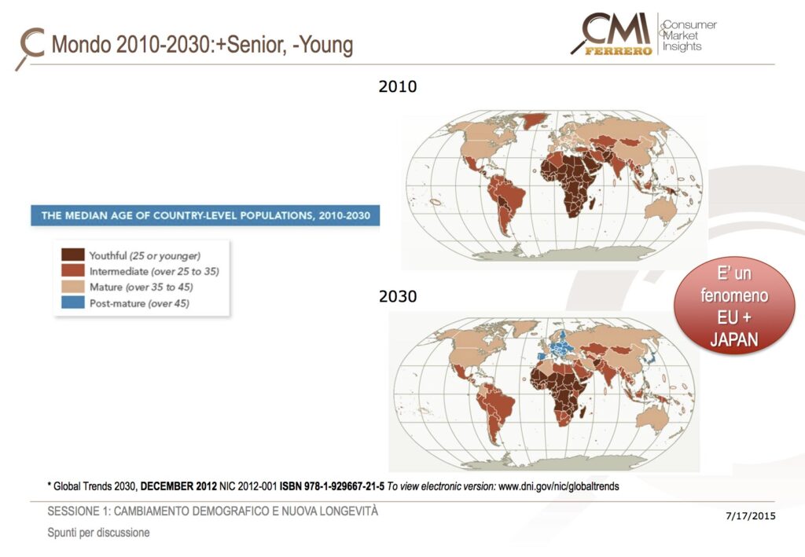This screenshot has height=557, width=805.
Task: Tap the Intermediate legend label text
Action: pos(153,271)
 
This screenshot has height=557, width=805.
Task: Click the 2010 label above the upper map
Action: pos(397,86)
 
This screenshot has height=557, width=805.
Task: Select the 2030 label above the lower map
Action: pos(397,297)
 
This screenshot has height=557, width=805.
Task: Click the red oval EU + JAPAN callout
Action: pos(735,307)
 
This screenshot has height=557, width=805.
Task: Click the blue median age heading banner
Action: pos(205,215)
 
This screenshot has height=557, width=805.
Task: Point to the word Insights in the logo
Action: pos(682,47)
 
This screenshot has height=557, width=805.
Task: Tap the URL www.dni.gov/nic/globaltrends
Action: pos(558,486)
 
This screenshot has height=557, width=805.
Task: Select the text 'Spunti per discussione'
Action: pos(98,533)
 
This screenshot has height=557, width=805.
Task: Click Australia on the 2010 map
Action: pos(662,207)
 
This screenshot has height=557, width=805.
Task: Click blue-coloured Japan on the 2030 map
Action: pos(651,359)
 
